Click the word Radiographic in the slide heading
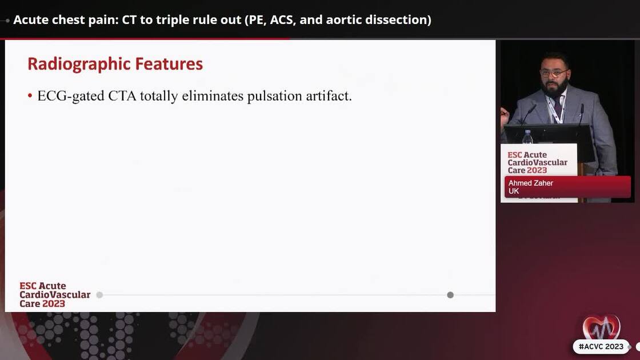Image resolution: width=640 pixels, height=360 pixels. coord(73,64)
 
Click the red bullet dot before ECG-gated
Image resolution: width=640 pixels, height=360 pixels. coord(30,96)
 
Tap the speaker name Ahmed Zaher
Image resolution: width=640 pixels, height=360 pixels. coord(531,183)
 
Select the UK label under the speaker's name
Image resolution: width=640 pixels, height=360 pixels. coord(514,191)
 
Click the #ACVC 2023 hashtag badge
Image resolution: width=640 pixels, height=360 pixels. coord(601,347)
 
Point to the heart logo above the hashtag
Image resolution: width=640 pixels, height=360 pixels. coord(601,327)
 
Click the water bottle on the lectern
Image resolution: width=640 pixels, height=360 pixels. coord(527,137)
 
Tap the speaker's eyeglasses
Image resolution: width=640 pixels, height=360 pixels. coord(553,74)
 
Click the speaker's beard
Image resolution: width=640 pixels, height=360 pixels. coord(555,89)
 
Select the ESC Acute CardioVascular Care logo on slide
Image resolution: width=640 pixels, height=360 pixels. coord(55,295)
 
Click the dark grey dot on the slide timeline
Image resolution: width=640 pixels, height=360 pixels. coord(450,295)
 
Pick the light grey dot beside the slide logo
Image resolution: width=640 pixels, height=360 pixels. coord(99,295)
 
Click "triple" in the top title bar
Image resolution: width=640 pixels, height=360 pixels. coord(172,20)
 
